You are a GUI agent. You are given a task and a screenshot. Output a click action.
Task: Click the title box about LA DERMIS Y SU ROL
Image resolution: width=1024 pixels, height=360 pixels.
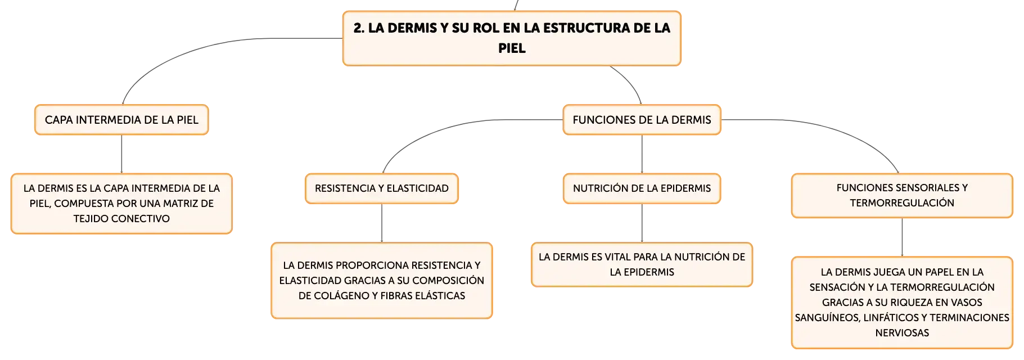click(512, 38)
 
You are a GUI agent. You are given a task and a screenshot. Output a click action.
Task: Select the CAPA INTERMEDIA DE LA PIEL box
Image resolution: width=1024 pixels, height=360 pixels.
click(121, 120)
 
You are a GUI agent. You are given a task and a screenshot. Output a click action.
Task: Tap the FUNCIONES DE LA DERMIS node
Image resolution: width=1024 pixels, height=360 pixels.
click(642, 120)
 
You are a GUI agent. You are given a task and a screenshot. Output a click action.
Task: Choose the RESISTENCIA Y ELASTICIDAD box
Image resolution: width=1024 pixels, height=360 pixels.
click(382, 188)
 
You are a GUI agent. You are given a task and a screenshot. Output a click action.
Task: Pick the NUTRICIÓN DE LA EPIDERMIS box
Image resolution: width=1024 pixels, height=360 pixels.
click(642, 188)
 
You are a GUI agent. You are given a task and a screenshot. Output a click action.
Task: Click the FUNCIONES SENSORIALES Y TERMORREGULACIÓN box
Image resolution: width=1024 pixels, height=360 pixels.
click(902, 196)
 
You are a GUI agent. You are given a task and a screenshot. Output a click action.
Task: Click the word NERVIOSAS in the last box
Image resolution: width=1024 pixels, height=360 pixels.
click(902, 333)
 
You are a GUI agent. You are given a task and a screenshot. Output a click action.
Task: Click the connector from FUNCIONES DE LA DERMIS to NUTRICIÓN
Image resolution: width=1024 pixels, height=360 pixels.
click(642, 154)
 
